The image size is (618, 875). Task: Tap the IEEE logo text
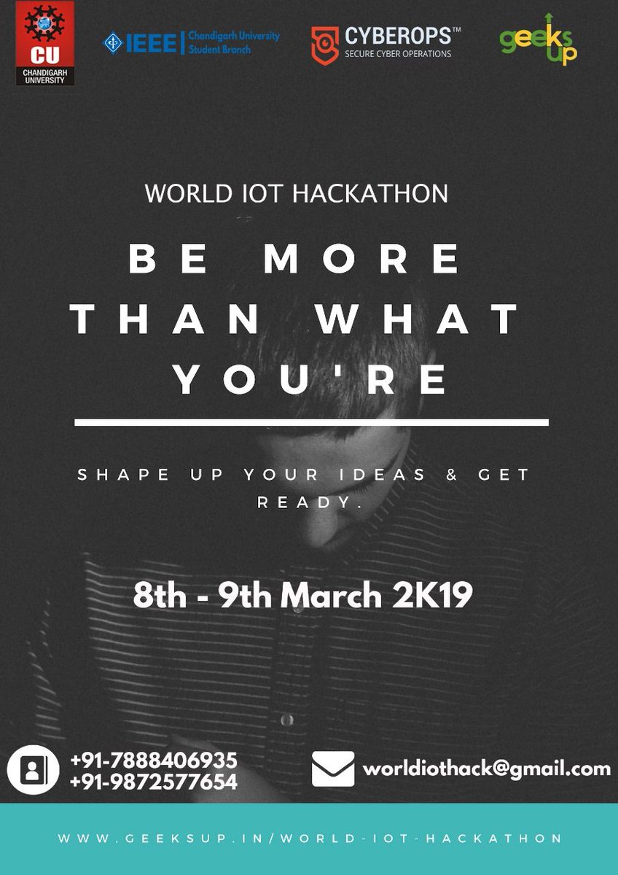click(x=145, y=43)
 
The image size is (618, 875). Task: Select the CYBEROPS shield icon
click(x=324, y=46)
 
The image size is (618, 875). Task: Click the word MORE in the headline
click(x=362, y=260)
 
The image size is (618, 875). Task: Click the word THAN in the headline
click(x=165, y=320)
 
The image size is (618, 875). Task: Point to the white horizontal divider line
click(x=311, y=422)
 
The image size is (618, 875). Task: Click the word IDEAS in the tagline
click(x=383, y=475)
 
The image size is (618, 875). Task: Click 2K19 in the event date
click(x=433, y=596)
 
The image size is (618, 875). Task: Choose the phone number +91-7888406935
click(x=154, y=761)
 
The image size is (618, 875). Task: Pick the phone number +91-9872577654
click(x=154, y=782)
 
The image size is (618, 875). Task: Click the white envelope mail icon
click(x=333, y=769)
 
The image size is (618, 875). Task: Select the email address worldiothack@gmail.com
click(x=486, y=769)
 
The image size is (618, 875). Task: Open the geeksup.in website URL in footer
click(x=310, y=839)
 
